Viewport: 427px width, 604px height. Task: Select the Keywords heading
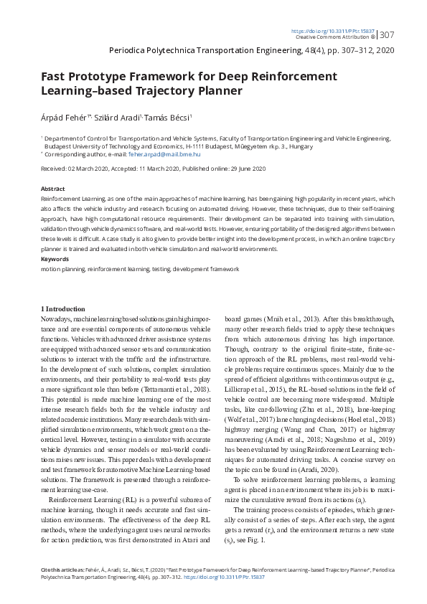click(55, 258)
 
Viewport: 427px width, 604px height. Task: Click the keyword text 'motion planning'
click(62, 268)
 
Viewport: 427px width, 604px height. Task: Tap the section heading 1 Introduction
click(63, 308)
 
